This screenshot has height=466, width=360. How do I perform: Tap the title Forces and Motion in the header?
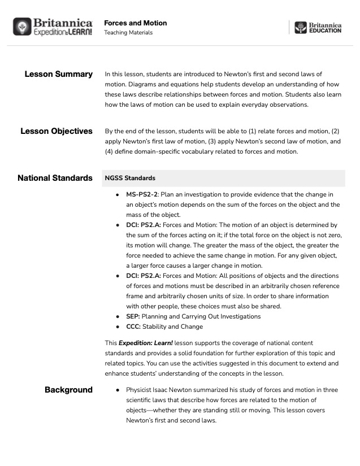(135, 23)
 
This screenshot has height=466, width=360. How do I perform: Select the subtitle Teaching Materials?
(128, 33)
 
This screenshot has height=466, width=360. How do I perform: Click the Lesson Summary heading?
(59, 74)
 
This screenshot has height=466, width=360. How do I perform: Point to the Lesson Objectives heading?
(57, 131)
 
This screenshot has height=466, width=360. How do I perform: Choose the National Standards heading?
(55, 178)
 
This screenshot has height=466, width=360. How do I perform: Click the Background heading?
(68, 390)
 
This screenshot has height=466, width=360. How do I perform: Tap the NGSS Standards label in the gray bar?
(130, 178)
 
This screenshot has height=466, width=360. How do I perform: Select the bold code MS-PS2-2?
(141, 194)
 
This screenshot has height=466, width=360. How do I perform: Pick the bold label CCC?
(133, 326)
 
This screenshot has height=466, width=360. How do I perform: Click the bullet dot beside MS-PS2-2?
(117, 194)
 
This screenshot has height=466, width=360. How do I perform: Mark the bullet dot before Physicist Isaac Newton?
(117, 390)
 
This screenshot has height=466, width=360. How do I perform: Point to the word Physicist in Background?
(142, 390)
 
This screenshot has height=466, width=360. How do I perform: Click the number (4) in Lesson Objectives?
(110, 151)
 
